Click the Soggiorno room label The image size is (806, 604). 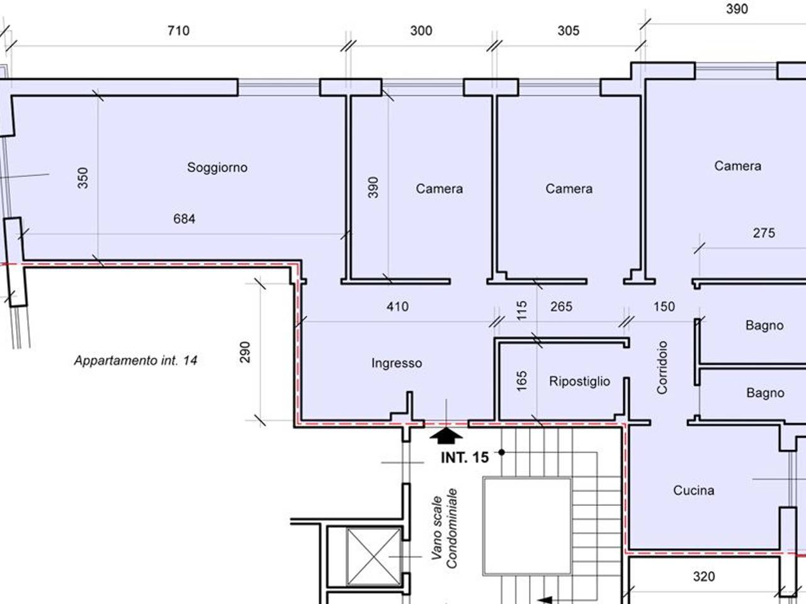point(217,167)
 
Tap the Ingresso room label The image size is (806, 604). point(397,364)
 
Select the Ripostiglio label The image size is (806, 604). point(579,382)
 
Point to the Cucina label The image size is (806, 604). point(694,491)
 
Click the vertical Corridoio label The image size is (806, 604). point(662,367)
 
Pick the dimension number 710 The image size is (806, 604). point(178,31)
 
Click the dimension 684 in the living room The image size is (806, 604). point(184,219)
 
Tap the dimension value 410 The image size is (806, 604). point(397,306)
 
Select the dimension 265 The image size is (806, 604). point(561,306)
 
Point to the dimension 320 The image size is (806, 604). point(704,577)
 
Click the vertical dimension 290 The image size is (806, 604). point(245,352)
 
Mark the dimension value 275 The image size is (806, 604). point(764,233)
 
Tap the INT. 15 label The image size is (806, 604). point(465,457)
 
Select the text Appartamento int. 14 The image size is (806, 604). point(136,361)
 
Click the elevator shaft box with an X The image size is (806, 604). point(374,556)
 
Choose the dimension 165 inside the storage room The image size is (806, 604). point(521,381)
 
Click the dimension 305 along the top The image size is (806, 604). point(569,31)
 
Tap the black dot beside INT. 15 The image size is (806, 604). point(502,452)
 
